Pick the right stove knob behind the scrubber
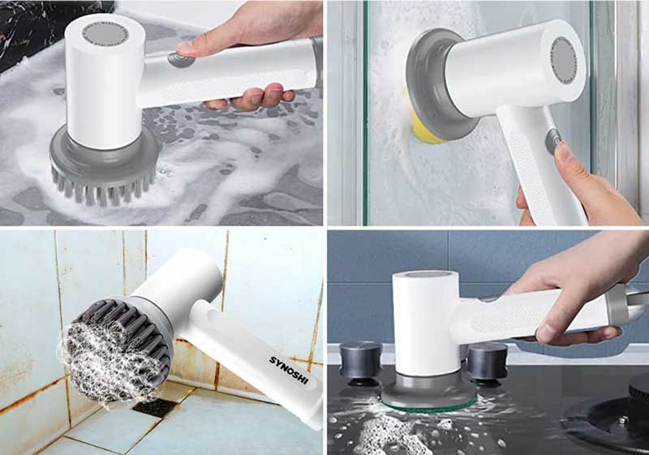click(x=488, y=360)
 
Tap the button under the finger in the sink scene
click(x=180, y=59)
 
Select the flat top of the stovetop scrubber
click(x=426, y=277)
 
